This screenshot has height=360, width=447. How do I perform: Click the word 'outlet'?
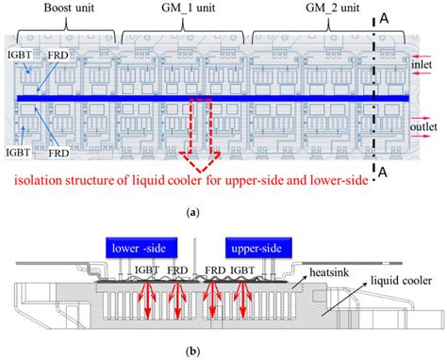coord(422,127)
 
